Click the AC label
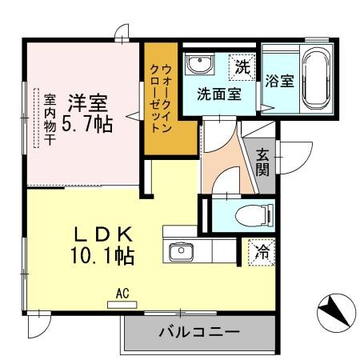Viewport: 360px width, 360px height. point(122,294)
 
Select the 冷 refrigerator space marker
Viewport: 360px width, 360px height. point(262,251)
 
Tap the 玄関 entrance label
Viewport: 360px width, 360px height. point(263,162)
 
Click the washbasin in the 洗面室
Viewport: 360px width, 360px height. point(198,64)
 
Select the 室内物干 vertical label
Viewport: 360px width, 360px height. point(50,118)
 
